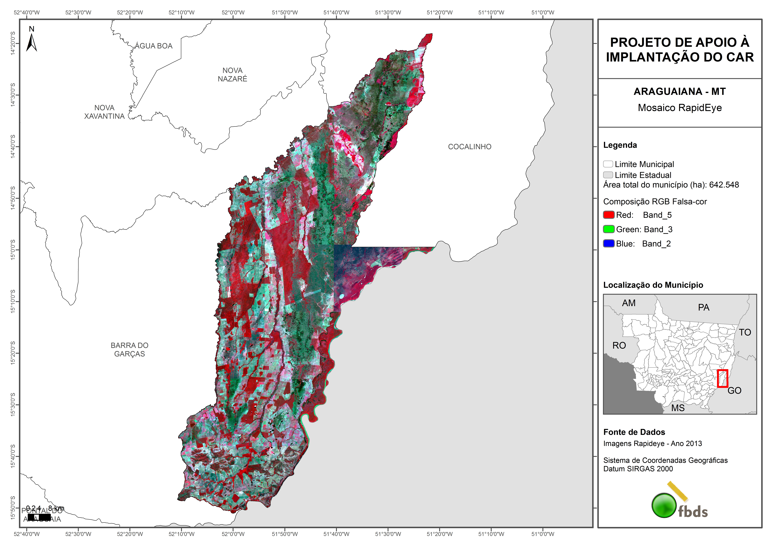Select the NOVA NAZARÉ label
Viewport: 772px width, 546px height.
tap(232, 74)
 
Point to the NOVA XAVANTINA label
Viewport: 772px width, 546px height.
tap(104, 112)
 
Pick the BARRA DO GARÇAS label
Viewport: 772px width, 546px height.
tap(129, 350)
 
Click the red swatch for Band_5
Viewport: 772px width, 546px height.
tap(609, 215)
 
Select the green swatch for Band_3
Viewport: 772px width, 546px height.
tap(609, 229)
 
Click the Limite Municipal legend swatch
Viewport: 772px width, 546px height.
tap(608, 164)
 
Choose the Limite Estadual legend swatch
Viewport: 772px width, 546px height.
tap(608, 175)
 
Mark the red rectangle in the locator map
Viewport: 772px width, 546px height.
tap(722, 378)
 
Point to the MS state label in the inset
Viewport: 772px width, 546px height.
tap(678, 408)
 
